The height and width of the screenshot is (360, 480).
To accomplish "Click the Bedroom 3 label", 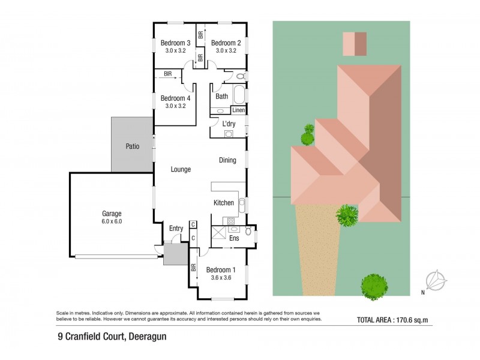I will click(175, 43).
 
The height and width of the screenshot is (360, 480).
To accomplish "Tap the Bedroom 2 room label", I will click(226, 43).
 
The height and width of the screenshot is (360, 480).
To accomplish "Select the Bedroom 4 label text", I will click(175, 98).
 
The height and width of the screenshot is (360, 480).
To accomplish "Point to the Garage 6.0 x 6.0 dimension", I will click(112, 221).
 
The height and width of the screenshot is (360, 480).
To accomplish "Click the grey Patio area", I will click(132, 146).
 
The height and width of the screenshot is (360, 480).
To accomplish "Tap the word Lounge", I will click(181, 170).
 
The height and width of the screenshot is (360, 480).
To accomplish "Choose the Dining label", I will click(227, 160).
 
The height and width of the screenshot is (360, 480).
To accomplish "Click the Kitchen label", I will click(224, 203).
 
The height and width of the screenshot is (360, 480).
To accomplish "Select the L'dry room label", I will click(228, 124).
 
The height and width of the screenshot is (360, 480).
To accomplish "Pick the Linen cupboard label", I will click(238, 110).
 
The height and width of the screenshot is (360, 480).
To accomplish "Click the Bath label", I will click(221, 96).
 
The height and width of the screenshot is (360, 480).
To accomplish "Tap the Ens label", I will click(235, 238).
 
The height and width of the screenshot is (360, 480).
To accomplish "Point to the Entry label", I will click(176, 228).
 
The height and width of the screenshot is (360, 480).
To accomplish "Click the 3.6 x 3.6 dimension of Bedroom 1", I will click(221, 278).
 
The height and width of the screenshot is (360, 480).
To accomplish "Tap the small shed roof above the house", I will click(354, 43).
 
